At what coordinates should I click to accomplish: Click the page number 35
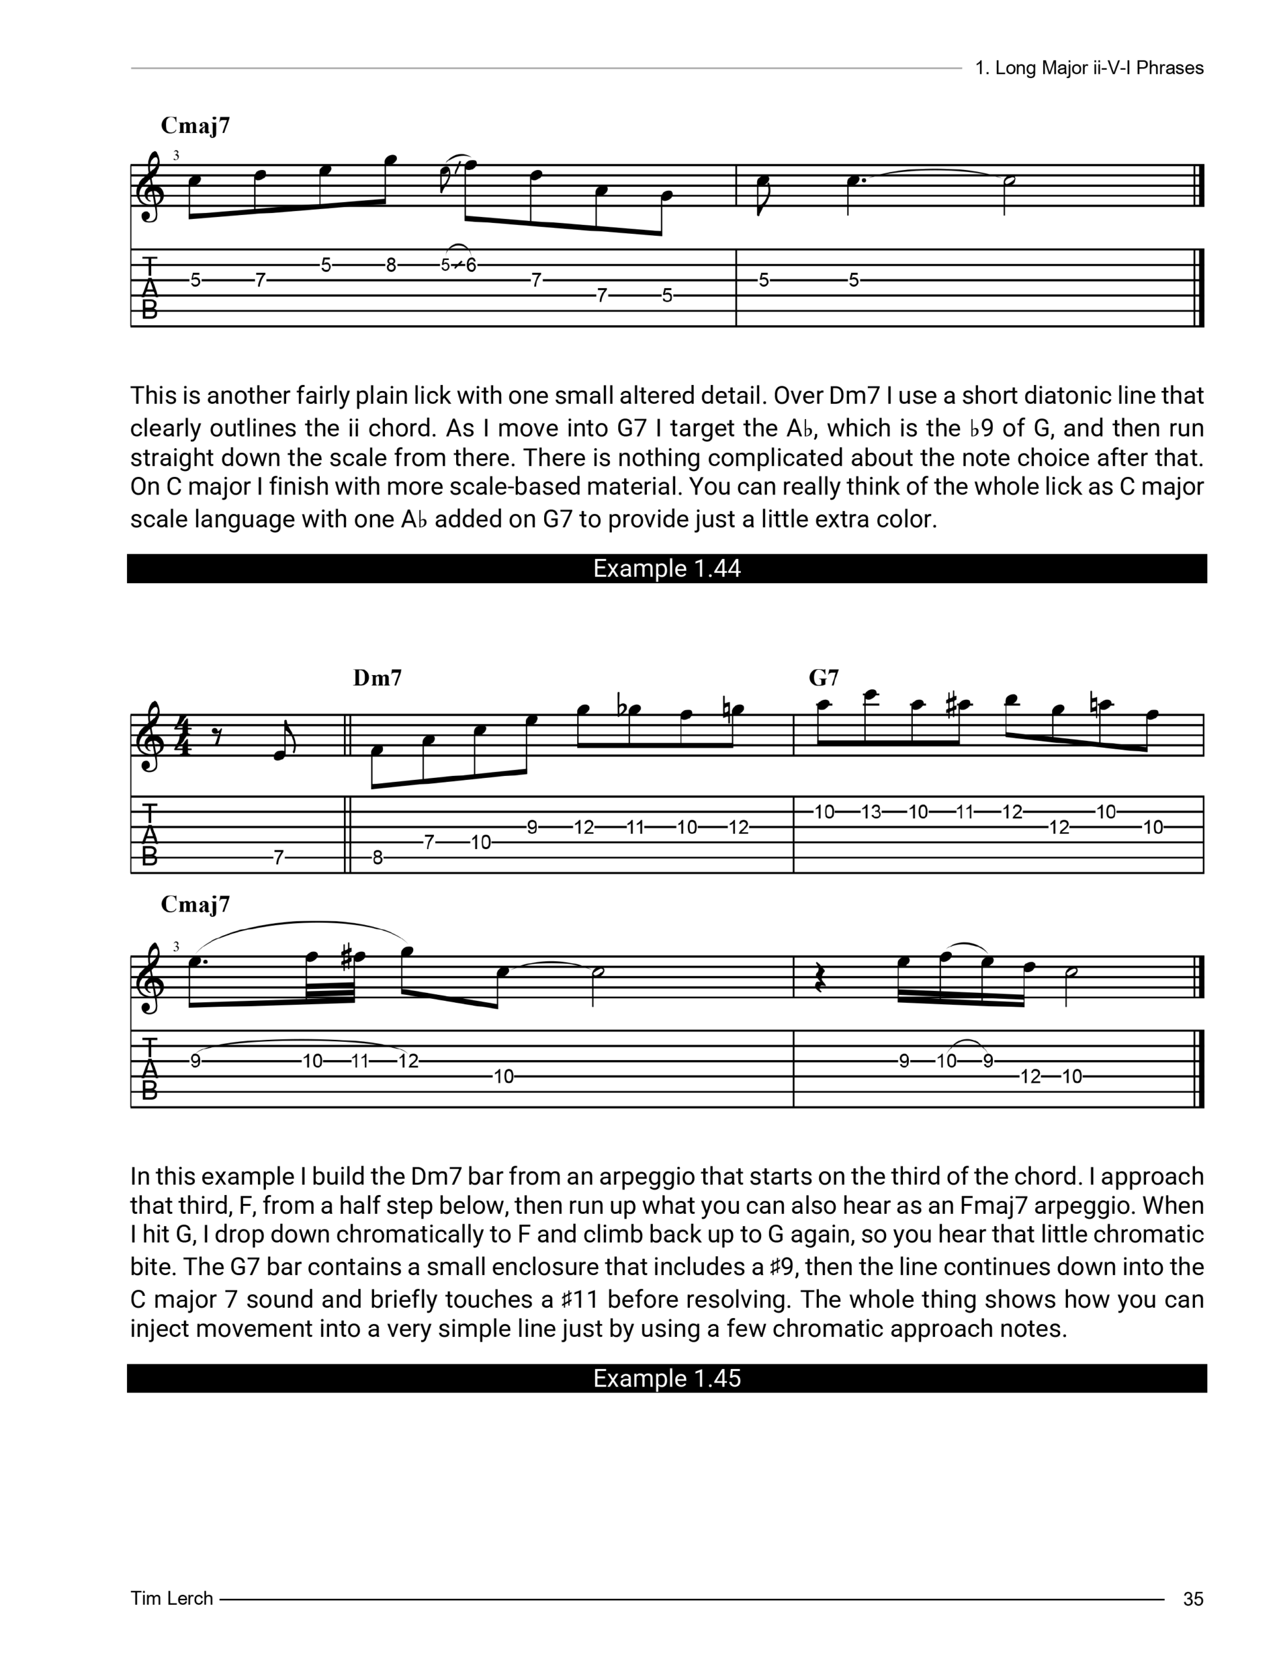pyautogui.click(x=1193, y=1599)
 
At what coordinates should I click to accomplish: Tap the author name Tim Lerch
pyautogui.click(x=171, y=1598)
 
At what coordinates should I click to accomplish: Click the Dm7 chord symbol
pyautogui.click(x=378, y=678)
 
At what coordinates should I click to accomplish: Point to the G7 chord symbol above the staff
pyautogui.click(x=824, y=678)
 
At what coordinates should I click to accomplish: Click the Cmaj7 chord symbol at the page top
pyautogui.click(x=195, y=126)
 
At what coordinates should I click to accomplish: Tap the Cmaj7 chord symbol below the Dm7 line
pyautogui.click(x=195, y=904)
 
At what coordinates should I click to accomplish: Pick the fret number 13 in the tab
pyautogui.click(x=871, y=812)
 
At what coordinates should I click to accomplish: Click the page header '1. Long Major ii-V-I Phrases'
pyautogui.click(x=1089, y=68)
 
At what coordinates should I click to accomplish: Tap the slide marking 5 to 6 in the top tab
pyautogui.click(x=458, y=266)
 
